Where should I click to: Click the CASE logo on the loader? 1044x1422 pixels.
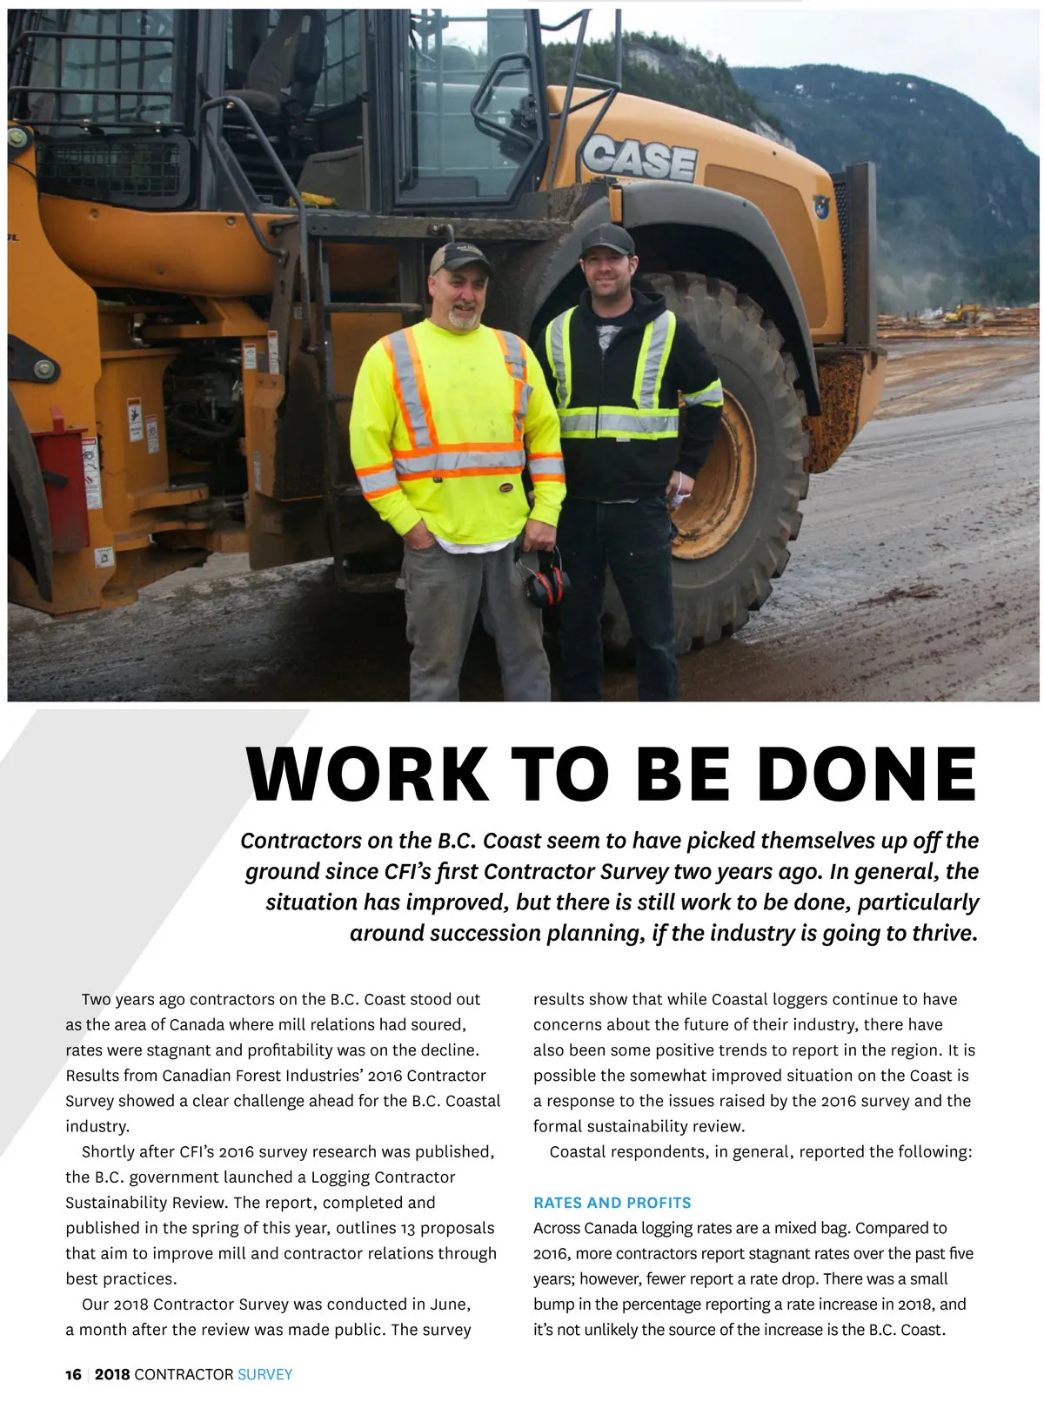tap(639, 158)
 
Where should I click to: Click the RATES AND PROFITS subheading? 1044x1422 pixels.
tap(612, 1203)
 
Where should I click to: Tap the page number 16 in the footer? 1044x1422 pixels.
tap(73, 1374)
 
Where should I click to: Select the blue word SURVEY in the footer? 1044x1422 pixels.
tap(264, 1374)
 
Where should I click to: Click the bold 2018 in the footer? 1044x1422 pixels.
tap(112, 1374)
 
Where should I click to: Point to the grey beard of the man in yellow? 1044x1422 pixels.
tap(464, 319)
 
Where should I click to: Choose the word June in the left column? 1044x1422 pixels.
tap(450, 1304)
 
